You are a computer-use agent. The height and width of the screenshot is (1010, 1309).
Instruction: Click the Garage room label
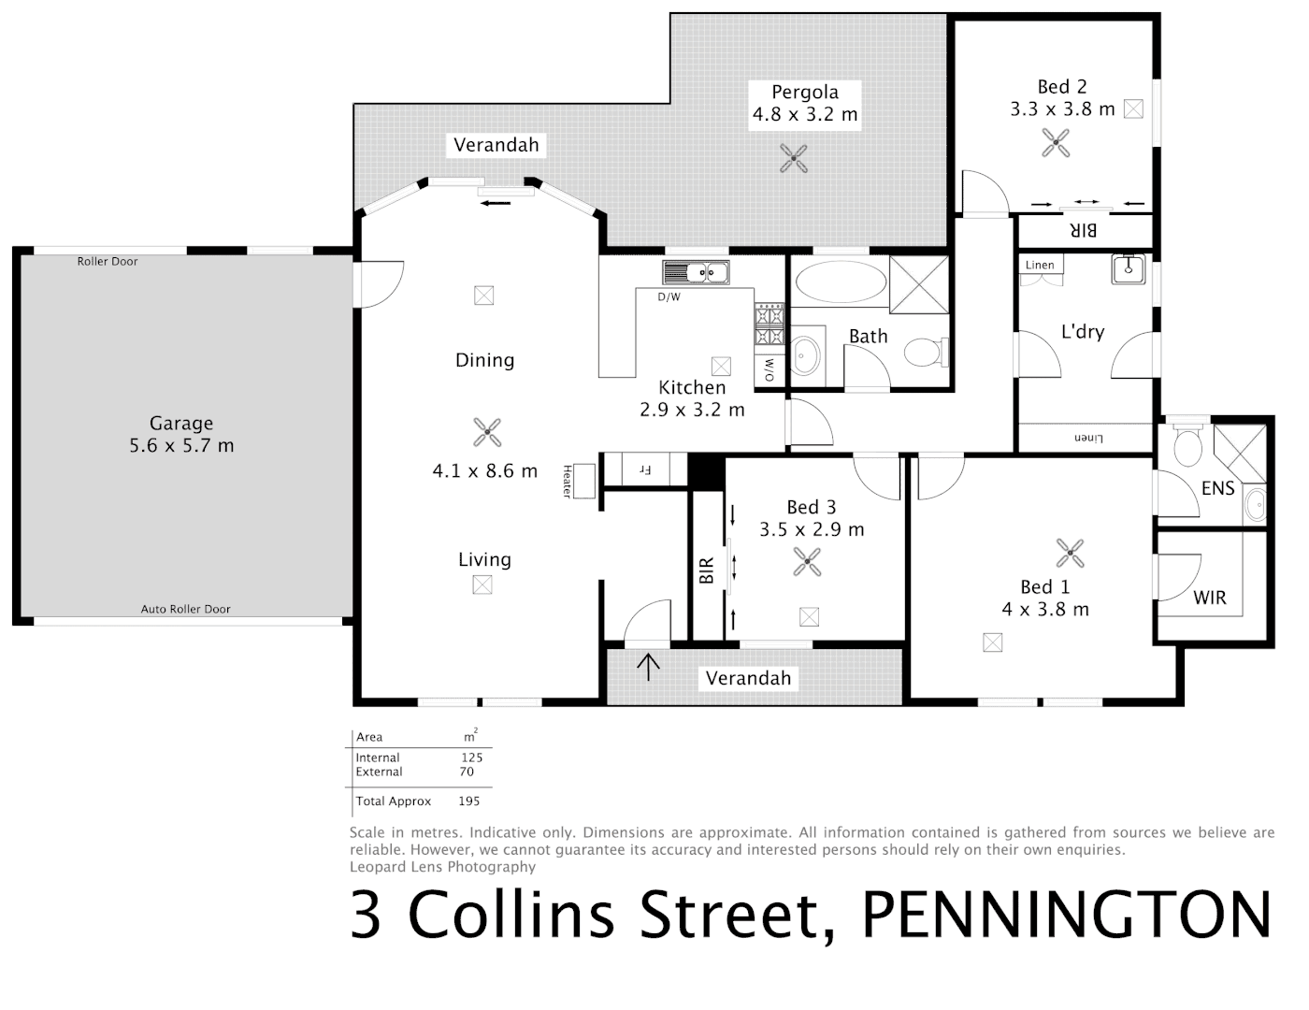point(181,424)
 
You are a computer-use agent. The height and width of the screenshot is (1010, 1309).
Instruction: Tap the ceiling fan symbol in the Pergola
point(794,158)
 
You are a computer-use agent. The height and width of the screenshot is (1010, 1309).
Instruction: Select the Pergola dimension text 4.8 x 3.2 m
point(805,115)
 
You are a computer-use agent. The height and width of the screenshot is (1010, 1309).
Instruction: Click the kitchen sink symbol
point(697,272)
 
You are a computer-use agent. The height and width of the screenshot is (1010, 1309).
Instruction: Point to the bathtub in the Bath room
point(839,281)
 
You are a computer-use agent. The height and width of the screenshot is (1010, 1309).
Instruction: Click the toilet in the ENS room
point(1188,446)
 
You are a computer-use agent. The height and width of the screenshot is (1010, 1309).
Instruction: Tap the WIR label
point(1209,598)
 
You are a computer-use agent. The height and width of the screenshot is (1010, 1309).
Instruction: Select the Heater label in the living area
point(568,481)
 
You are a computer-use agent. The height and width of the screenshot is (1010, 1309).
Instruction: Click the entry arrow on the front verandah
point(648,666)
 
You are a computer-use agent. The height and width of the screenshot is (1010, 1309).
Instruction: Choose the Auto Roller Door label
point(185,609)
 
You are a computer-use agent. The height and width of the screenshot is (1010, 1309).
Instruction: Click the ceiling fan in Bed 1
point(1070,554)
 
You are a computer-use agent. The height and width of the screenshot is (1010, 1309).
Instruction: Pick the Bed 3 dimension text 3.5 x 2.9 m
point(812,529)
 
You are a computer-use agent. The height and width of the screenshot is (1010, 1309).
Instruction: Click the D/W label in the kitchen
point(669,297)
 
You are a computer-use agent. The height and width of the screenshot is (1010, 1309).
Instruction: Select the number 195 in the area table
point(468,801)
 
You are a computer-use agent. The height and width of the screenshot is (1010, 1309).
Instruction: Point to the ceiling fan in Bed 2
point(1057,143)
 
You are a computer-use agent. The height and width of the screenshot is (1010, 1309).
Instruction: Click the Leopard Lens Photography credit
point(442,867)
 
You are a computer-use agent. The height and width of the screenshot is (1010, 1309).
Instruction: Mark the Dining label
point(484,360)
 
